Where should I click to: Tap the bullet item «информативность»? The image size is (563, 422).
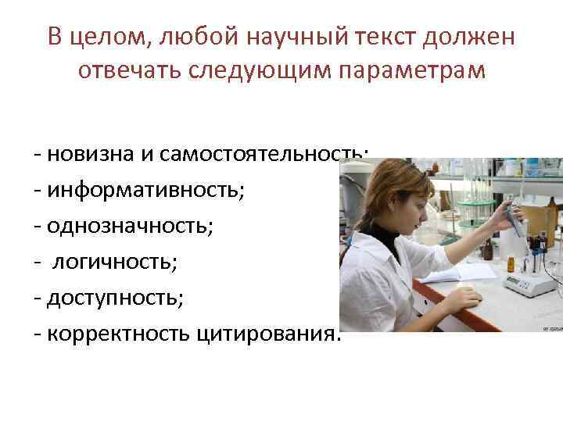point(147,188)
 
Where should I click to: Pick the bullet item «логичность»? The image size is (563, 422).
point(115,261)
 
